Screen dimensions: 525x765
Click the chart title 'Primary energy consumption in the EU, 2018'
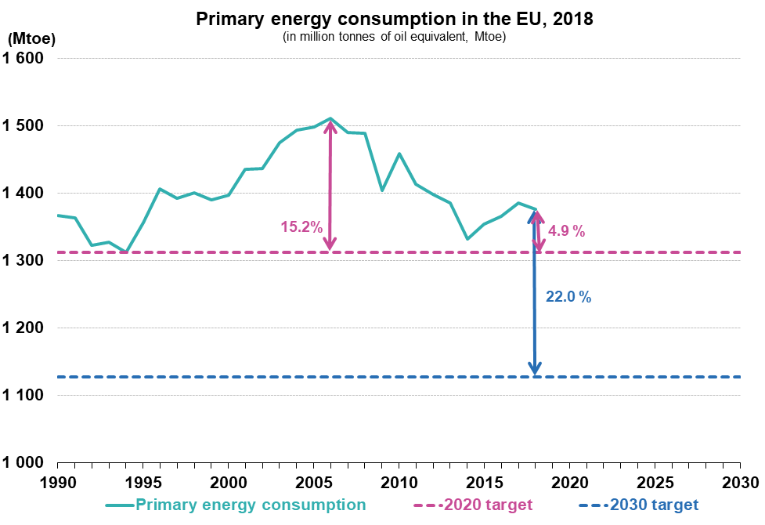point(395,20)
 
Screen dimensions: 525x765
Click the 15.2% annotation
point(301,227)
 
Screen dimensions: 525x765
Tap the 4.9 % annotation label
point(567,231)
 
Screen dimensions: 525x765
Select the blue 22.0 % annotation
point(568,297)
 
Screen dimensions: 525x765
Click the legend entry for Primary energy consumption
point(251,505)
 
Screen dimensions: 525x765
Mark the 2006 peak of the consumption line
point(330,118)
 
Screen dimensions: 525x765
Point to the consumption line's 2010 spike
point(399,154)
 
